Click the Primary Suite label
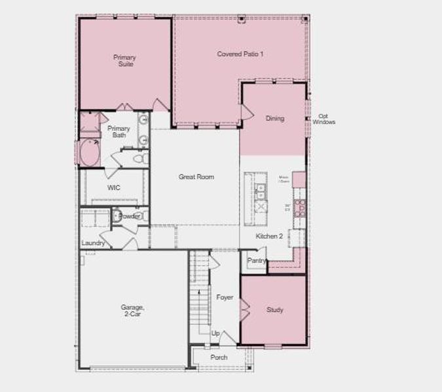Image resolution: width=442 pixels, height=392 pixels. point(124,61)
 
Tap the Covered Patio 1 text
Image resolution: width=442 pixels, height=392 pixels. point(240,54)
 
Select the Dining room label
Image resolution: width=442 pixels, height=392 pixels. point(275,118)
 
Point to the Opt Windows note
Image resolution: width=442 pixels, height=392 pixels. point(323,119)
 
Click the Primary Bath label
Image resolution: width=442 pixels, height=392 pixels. point(119,132)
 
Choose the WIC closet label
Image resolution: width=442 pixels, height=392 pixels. point(113,188)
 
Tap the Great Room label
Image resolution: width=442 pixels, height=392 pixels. point(196,177)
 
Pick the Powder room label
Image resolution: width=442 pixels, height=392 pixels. point(129,216)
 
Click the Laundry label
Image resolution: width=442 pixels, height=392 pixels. point(94,243)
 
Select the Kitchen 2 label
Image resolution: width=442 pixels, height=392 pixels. point(269,236)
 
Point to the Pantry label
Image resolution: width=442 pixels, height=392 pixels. point(257,261)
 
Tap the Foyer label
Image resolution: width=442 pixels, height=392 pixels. point(225,297)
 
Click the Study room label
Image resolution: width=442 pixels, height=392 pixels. point(275,310)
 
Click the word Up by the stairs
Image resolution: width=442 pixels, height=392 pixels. point(215,333)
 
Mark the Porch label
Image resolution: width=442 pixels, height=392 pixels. point(219,357)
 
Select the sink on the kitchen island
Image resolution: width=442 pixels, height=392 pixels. point(260,191)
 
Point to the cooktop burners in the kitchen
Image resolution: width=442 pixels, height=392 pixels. point(301,207)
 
